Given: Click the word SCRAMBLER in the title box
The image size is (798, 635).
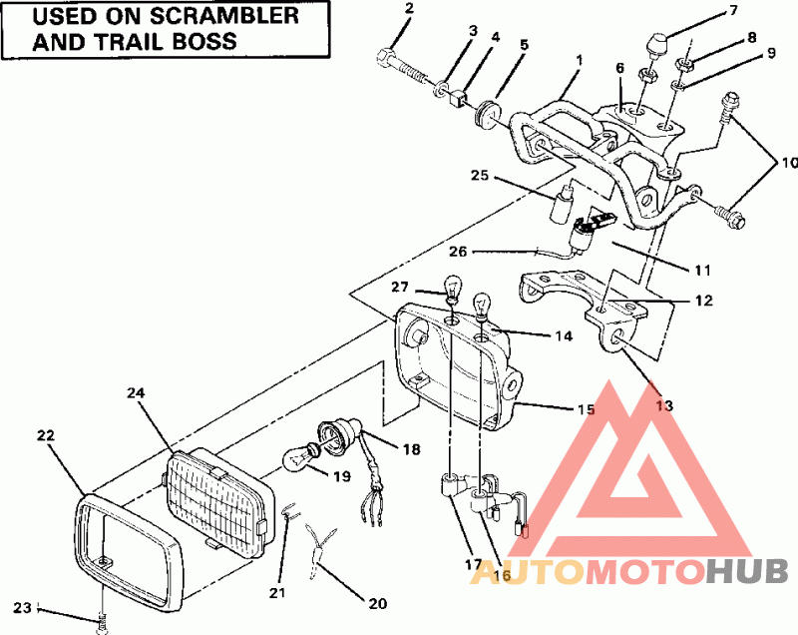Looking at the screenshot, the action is (x=223, y=17).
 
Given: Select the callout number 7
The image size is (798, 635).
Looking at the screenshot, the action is (x=733, y=11).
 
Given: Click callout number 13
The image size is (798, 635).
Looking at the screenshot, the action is (x=664, y=405).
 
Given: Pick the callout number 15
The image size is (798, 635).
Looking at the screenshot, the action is (x=586, y=409).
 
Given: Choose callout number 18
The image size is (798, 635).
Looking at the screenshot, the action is (x=411, y=450).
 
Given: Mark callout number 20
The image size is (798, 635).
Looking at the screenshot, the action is (x=376, y=603).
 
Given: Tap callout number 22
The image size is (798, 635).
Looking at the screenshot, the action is (x=46, y=435).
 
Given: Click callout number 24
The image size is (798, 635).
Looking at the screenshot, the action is (x=137, y=393).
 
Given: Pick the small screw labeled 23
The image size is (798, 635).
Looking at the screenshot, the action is (x=102, y=622).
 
